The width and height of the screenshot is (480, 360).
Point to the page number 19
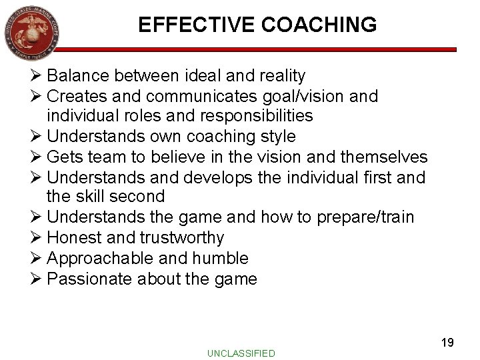447,342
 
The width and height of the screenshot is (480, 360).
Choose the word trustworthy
182,237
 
